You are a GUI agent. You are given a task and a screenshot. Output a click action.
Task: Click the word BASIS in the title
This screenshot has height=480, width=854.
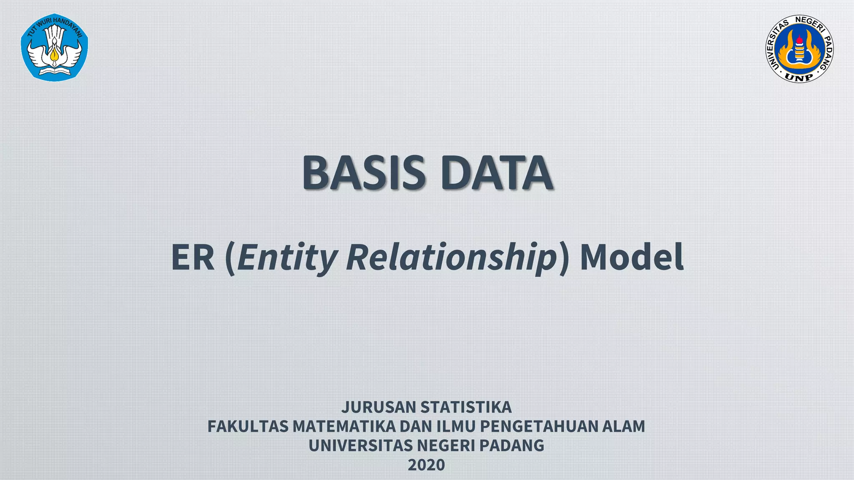(363, 172)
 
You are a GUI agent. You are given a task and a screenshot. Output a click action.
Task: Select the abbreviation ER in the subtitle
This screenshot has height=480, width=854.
(193, 257)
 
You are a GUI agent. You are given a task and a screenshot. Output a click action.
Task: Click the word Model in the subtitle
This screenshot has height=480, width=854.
(631, 257)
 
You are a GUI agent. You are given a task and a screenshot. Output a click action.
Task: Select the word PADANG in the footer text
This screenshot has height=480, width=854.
(512, 445)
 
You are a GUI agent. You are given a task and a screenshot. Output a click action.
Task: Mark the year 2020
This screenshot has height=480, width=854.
(426, 465)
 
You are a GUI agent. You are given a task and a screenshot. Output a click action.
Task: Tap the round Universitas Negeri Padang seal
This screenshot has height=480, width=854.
(799, 48)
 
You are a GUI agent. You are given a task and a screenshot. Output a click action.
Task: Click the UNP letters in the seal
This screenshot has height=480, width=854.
(799, 76)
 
